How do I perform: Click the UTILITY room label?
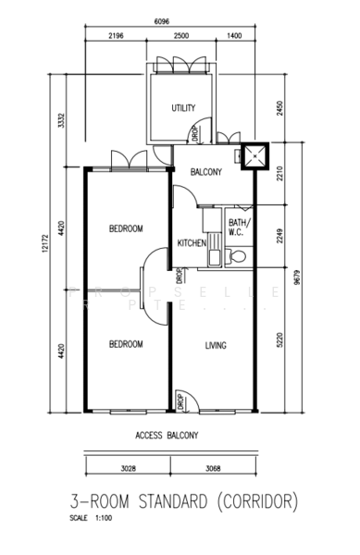click(183, 108)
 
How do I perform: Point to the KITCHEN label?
click(191, 243)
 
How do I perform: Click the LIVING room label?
click(216, 345)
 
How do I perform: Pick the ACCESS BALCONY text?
click(168, 433)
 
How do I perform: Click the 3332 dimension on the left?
click(60, 120)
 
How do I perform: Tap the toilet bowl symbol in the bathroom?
click(237, 255)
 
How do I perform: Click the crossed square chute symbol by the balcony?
click(253, 157)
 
